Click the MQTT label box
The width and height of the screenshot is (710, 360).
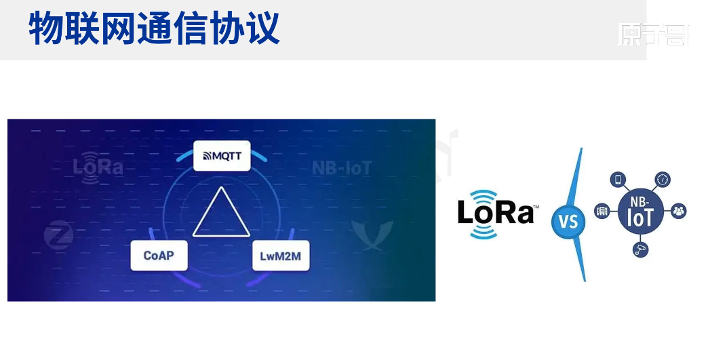click(222, 156)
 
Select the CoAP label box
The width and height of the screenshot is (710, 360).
click(159, 256)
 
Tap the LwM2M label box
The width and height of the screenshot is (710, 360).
click(280, 256)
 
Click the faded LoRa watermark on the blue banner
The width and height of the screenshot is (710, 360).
click(98, 165)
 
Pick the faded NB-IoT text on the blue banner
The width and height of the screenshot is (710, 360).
click(342, 168)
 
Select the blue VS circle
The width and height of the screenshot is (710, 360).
click(568, 221)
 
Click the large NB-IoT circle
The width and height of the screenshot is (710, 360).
click(640, 211)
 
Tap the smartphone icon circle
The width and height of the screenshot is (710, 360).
click(618, 180)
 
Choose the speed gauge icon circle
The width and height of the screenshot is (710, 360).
click(663, 180)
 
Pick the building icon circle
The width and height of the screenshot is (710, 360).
click(601, 211)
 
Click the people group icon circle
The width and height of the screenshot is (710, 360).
click(679, 211)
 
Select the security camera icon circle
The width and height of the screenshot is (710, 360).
click(640, 249)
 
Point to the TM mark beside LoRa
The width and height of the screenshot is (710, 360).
click(536, 205)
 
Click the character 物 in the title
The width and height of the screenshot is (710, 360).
click(45, 28)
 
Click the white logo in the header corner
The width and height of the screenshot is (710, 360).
click(653, 34)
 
